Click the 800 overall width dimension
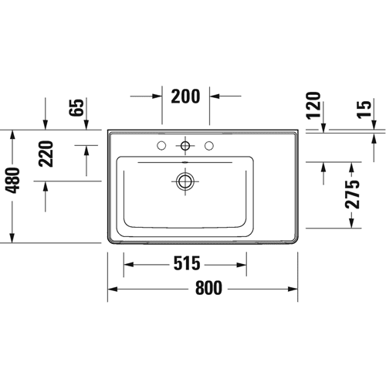tap(208, 288)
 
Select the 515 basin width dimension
tap(187, 263)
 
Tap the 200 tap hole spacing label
tap(185, 96)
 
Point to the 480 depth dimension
tap(12, 181)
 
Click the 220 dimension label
tap(46, 154)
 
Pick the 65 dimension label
tap(76, 107)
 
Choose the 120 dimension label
tap(314, 106)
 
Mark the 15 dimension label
tap(364, 110)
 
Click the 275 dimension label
tap(352, 195)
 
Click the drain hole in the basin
tap(185, 181)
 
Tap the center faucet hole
tap(185, 146)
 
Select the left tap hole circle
tap(161, 146)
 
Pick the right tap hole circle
tap(209, 146)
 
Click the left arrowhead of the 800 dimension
tap(113, 289)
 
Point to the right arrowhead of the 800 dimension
tap(293, 289)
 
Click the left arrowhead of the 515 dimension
tap(129, 265)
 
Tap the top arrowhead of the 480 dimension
tap(12, 136)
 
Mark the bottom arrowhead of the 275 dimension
tap(352, 223)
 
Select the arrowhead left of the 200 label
tap(157, 96)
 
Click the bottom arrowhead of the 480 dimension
tap(12, 238)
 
